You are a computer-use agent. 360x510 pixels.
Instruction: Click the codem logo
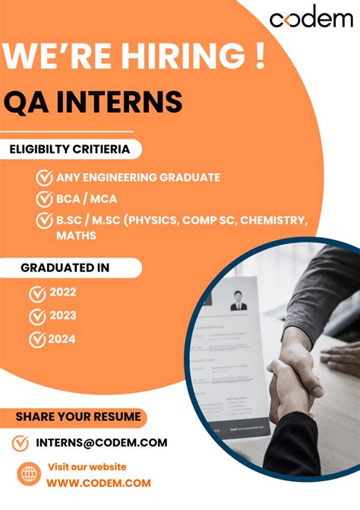tap(311, 19)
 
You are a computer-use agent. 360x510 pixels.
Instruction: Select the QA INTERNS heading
tap(93, 101)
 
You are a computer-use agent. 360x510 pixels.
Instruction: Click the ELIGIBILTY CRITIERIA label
tap(69, 149)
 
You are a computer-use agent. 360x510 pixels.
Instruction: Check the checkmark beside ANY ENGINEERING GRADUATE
tap(45, 178)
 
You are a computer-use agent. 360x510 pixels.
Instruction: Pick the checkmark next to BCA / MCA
tap(45, 199)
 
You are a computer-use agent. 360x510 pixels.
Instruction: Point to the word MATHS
tap(76, 236)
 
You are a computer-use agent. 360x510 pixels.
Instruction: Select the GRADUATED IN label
tap(65, 268)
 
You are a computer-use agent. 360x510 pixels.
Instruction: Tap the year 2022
tap(62, 293)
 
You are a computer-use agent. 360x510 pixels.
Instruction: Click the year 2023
tap(62, 316)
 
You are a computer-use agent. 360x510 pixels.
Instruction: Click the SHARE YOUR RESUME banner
tap(78, 417)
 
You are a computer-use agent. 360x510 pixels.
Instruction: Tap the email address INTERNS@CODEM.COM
tap(101, 442)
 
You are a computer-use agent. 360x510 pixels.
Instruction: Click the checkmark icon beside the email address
tap(21, 442)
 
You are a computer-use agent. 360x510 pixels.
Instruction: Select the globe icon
tap(29, 475)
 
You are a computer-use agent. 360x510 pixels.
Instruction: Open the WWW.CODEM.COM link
tap(99, 483)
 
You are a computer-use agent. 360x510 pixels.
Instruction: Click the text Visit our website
tap(87, 467)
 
